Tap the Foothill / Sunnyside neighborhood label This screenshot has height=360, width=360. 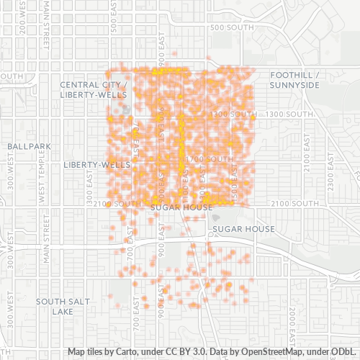294,80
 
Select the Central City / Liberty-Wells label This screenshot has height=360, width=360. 94,89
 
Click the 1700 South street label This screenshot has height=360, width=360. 210,158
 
